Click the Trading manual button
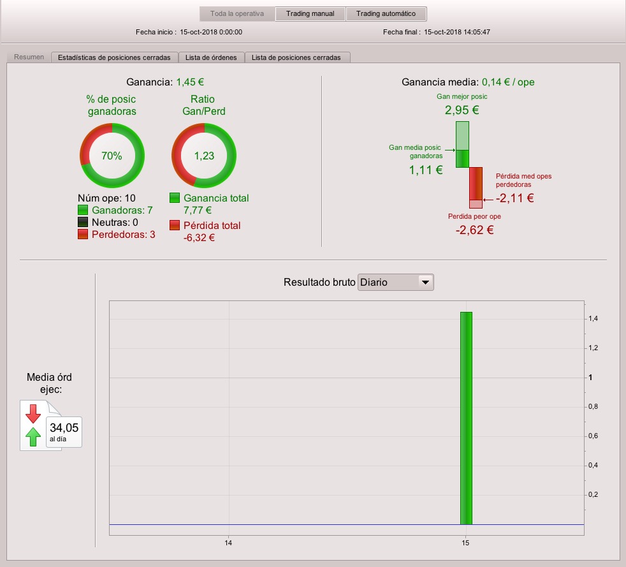click(310, 13)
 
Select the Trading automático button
click(386, 13)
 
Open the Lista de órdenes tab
click(211, 57)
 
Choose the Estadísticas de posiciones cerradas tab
click(114, 57)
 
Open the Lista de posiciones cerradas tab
click(296, 57)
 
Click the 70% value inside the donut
click(112, 156)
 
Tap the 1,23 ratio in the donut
click(204, 156)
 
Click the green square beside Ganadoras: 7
click(83, 210)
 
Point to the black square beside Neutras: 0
click(83, 222)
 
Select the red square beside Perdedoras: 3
click(83, 234)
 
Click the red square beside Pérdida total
click(175, 225)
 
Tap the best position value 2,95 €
click(462, 110)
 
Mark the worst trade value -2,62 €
click(475, 230)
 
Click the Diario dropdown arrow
click(426, 283)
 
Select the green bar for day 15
click(466, 418)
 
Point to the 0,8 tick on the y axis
click(593, 406)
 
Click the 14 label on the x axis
click(228, 543)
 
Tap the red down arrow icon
click(33, 414)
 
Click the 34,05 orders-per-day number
click(64, 428)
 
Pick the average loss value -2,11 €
click(514, 198)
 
